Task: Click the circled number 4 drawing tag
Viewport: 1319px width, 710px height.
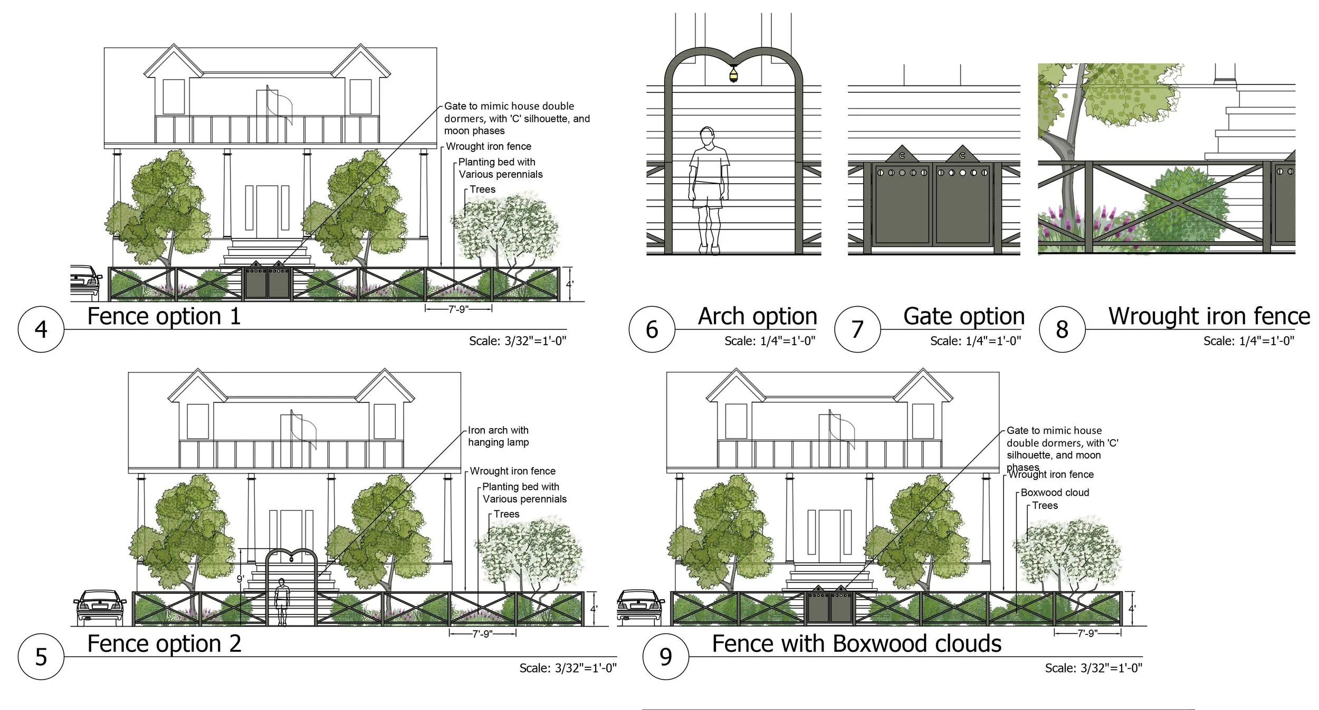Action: (x=41, y=329)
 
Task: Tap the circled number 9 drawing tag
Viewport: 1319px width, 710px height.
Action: (x=665, y=656)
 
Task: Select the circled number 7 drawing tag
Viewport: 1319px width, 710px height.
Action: (x=857, y=329)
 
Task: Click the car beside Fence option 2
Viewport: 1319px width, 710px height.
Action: (x=100, y=607)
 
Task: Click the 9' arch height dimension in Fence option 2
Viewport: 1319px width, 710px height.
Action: (x=240, y=580)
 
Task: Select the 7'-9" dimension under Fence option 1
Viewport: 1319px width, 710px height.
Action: (x=458, y=309)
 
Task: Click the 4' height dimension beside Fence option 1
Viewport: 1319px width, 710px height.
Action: (x=570, y=284)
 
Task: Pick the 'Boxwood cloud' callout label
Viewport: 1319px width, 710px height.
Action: (x=1055, y=493)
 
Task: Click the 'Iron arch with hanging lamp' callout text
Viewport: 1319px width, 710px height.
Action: (x=498, y=436)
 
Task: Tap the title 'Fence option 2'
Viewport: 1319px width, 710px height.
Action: (x=164, y=644)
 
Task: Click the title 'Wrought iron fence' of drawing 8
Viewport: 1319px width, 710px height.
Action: (x=1209, y=316)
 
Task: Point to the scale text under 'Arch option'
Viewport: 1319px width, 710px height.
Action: (x=770, y=341)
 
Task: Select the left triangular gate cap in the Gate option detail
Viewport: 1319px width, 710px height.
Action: (x=902, y=153)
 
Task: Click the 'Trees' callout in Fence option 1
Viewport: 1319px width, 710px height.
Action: (x=482, y=190)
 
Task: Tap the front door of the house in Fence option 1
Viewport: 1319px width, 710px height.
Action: (x=267, y=212)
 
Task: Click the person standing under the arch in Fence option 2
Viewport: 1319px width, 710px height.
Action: (x=282, y=602)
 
